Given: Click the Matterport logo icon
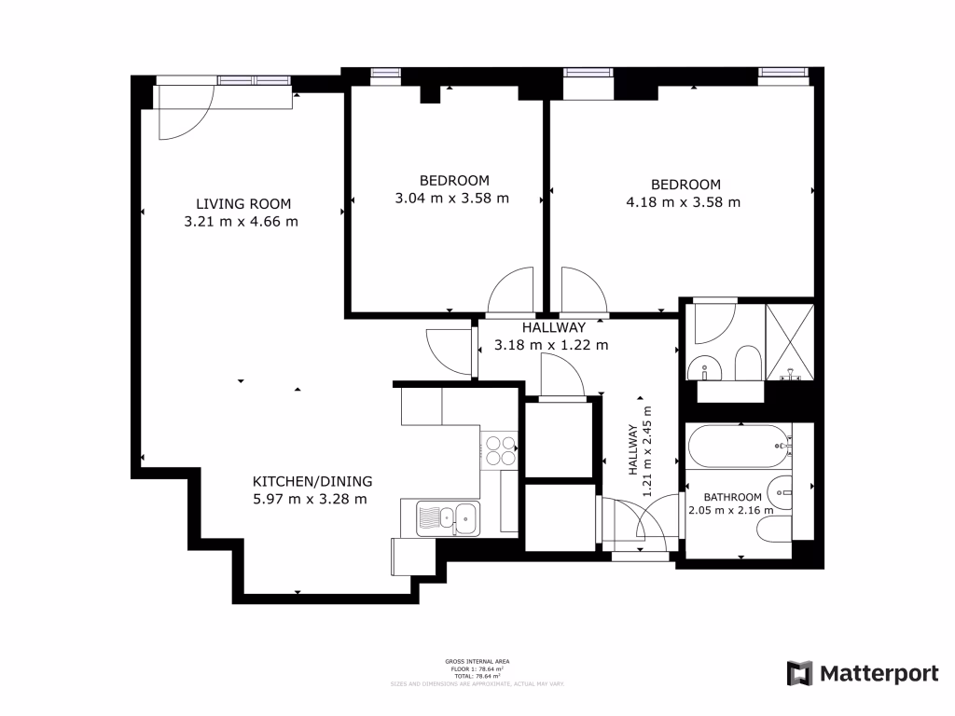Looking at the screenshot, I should tap(800, 673).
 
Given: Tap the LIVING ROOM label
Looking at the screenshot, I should tap(242, 203).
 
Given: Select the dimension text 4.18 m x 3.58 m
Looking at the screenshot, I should tap(683, 202).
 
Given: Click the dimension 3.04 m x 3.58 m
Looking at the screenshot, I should tap(453, 198).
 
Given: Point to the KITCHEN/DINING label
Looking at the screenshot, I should tap(312, 481).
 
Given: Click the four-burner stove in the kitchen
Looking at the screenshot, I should tap(499, 450).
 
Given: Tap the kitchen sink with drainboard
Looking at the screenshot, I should tap(448, 516).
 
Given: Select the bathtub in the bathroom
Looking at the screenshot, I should tap(738, 447).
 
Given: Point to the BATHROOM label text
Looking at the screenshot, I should tap(731, 497).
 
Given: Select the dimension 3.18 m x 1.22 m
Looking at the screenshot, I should tap(550, 345).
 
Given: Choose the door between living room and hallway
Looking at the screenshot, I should tap(447, 351).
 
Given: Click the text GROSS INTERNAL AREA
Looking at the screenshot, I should tap(477, 661).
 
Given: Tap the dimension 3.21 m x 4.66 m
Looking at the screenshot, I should tap(242, 221).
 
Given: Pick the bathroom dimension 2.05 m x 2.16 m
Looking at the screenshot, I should tap(731, 510).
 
